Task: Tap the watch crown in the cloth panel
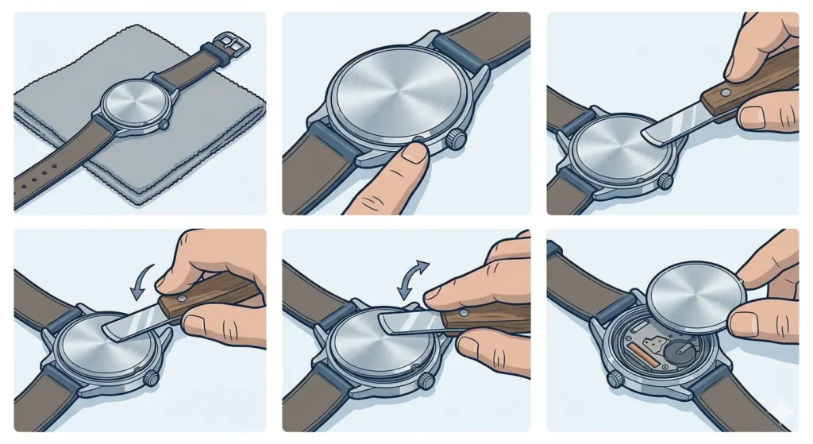(x=164, y=125)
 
